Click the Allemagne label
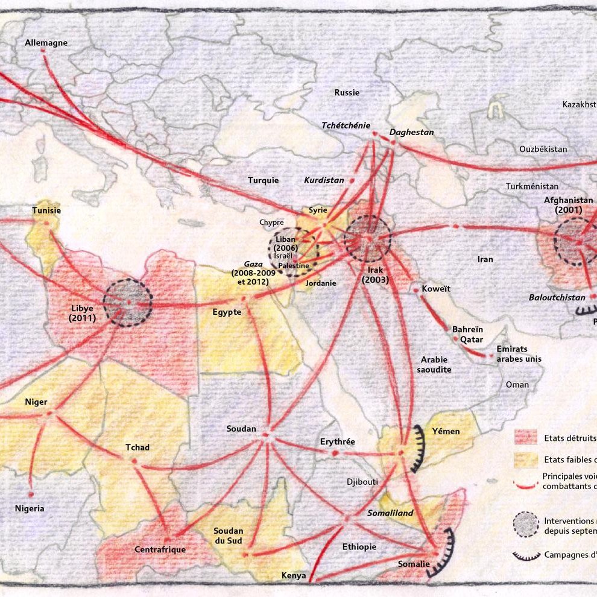[x=46, y=43]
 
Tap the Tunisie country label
[x=46, y=210]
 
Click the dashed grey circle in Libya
[x=128, y=303]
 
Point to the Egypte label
[x=227, y=312]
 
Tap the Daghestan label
[x=411, y=132]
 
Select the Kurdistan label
[x=324, y=180]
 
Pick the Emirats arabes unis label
[x=519, y=354]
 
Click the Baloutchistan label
[x=557, y=297]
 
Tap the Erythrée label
[x=338, y=441]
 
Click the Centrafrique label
[x=160, y=549]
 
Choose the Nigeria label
[x=30, y=508]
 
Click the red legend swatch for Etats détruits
[x=525, y=437]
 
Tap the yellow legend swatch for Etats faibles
[x=525, y=461]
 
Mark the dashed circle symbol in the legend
[x=525, y=524]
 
